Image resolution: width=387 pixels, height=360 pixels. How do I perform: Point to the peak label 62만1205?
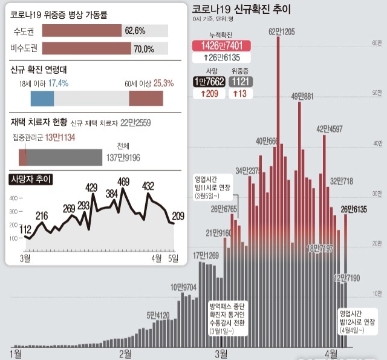281,31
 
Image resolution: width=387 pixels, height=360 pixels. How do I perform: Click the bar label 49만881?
302,96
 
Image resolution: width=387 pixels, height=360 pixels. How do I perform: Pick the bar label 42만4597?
330,128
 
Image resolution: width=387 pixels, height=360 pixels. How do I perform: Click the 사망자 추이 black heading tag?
31,179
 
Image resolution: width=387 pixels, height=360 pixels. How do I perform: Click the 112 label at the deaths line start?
25,229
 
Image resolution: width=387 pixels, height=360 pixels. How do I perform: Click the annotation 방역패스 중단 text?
227,306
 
